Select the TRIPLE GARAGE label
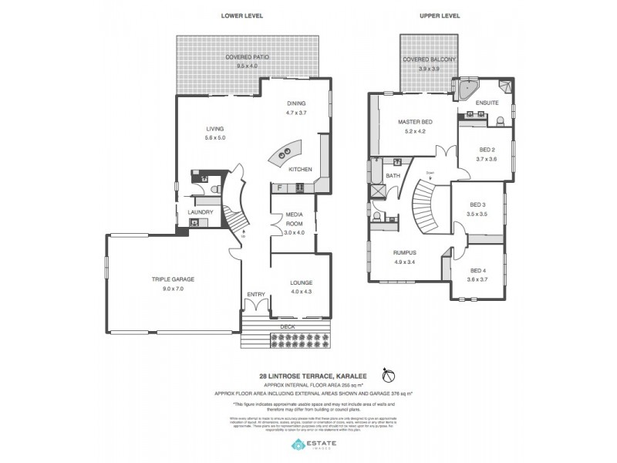pos(173,279)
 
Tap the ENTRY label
pos(255,294)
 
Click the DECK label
pos(289,326)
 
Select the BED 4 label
pos(478,270)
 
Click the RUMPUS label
pos(404,253)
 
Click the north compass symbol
pos(389,375)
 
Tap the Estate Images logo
pos(315,445)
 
